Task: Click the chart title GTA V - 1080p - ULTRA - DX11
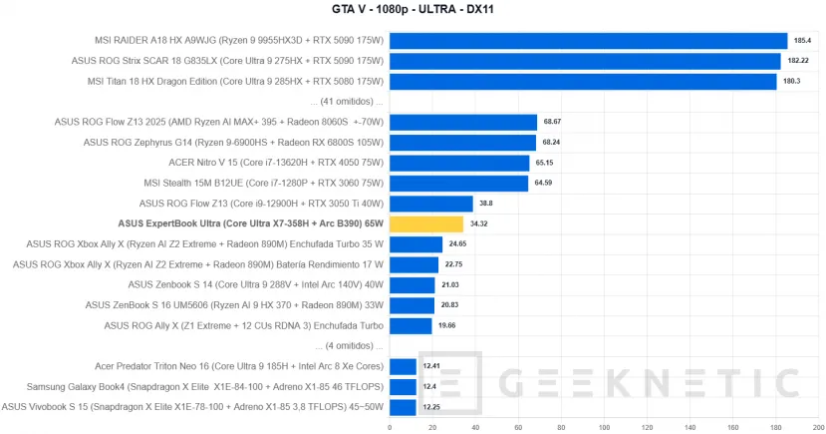(413, 11)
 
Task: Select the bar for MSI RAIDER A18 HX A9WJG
(588, 41)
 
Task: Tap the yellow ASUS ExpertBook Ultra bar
(426, 224)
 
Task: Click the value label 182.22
(797, 62)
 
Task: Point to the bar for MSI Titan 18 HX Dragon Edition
(583, 81)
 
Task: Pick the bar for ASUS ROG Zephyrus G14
(462, 143)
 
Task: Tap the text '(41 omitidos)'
(347, 102)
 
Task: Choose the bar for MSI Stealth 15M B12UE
(458, 184)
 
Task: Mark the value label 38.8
(486, 204)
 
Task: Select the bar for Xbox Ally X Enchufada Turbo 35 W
(415, 244)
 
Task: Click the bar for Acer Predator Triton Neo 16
(403, 366)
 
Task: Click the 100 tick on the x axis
(603, 427)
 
